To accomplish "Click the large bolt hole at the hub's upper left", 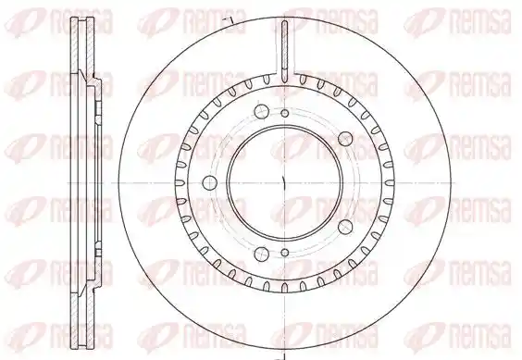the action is (261, 111).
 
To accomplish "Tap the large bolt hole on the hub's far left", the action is (210, 182).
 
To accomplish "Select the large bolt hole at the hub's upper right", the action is (345, 139).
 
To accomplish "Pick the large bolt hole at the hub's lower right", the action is (345, 227).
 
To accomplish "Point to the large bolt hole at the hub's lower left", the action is (261, 254).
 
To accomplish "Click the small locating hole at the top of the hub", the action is (285, 114).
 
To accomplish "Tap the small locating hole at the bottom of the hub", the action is (285, 252).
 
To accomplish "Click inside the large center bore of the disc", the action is (285, 182).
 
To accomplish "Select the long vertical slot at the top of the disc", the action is (284, 51).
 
